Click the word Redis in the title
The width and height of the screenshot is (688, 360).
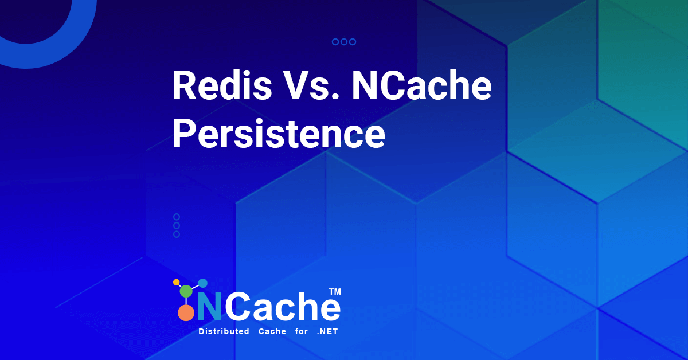tap(222, 85)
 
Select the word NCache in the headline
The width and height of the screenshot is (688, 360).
tap(422, 85)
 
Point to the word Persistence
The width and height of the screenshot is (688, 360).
tap(279, 134)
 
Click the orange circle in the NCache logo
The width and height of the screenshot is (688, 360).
tap(186, 313)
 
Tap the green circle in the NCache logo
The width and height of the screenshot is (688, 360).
tap(186, 291)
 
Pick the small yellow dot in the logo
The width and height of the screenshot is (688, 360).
tap(177, 282)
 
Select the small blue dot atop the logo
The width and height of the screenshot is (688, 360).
tap(203, 283)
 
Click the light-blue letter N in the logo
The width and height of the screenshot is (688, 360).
tap(209, 306)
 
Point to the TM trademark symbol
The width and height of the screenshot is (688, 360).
tap(335, 292)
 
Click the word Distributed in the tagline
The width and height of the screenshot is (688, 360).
tap(224, 331)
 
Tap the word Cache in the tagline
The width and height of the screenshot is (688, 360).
tap(272, 331)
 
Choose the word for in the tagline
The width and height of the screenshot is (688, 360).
tap(302, 331)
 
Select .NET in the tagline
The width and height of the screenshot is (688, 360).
tap(327, 331)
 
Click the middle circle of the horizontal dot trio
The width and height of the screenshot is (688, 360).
tap(344, 42)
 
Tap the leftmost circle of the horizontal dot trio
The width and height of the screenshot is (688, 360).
tap(335, 42)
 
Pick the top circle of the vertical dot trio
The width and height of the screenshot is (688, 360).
tap(177, 217)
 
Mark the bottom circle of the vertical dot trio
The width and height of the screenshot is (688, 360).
tap(177, 234)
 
